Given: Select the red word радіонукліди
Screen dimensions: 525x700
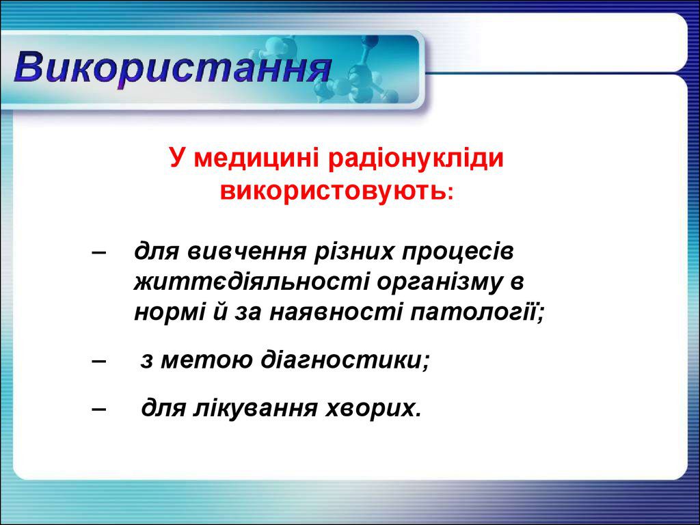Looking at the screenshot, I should coord(417,159).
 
